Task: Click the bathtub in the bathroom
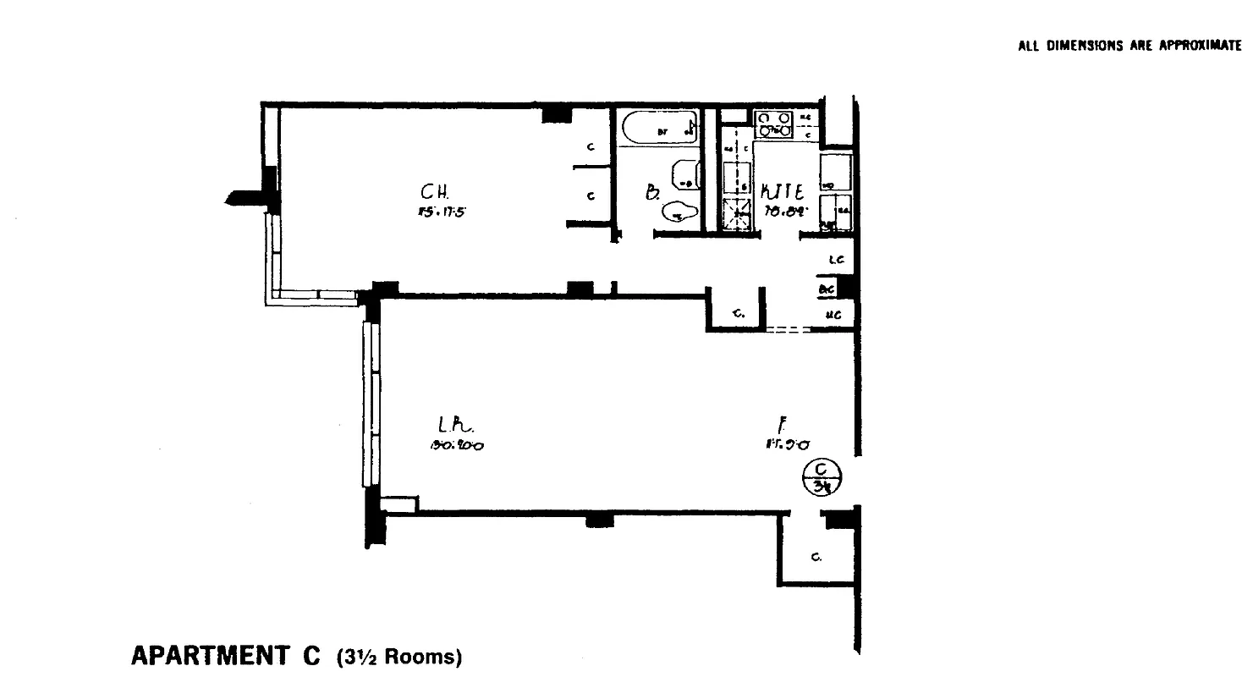click(659, 129)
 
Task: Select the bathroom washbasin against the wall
click(685, 176)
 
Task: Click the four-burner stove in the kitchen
click(774, 124)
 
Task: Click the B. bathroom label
click(652, 193)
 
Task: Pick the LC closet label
click(837, 261)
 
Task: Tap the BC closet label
click(827, 289)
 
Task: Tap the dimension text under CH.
click(437, 212)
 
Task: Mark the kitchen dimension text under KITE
click(783, 212)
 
